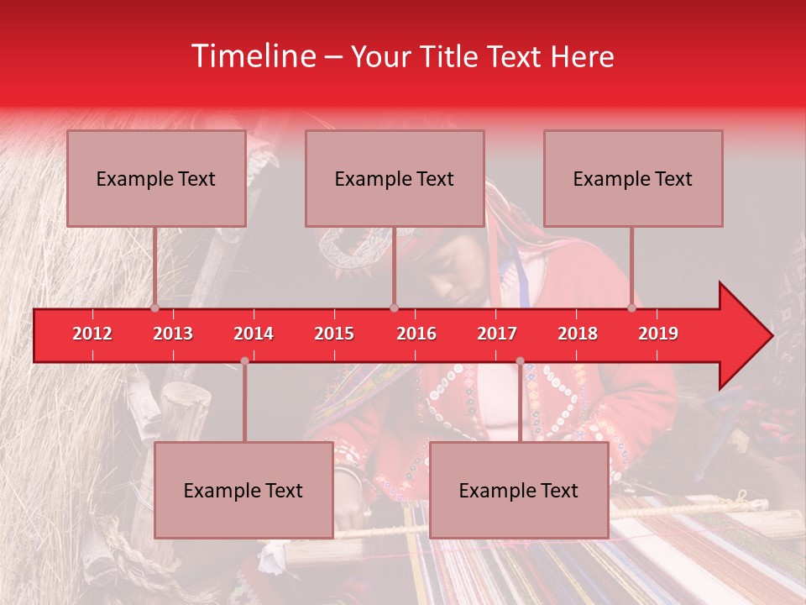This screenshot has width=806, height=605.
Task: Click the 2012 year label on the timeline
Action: click(x=92, y=334)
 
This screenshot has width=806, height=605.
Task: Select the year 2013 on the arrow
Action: click(x=173, y=334)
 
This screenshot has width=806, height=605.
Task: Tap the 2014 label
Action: click(x=254, y=334)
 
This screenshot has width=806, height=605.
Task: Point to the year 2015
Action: click(x=334, y=334)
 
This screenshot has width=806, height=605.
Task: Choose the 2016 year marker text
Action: click(x=416, y=334)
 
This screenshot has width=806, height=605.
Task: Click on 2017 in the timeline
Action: click(x=497, y=334)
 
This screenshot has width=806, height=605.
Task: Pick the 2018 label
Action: click(x=578, y=334)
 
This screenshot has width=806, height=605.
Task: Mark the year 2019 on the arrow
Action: click(x=658, y=334)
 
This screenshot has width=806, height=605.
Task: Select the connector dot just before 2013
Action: click(x=154, y=308)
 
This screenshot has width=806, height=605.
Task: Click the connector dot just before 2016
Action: click(x=394, y=308)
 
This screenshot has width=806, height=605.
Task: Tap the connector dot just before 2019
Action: click(x=631, y=308)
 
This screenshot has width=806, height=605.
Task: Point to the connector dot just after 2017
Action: click(x=520, y=361)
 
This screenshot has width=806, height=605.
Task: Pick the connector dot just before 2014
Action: click(x=244, y=361)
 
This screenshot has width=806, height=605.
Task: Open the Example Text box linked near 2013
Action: click(x=156, y=178)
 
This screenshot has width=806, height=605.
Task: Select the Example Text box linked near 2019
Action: click(x=633, y=178)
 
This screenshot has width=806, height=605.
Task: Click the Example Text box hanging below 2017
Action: click(x=519, y=490)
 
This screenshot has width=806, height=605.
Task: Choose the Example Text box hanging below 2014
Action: click(x=243, y=490)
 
